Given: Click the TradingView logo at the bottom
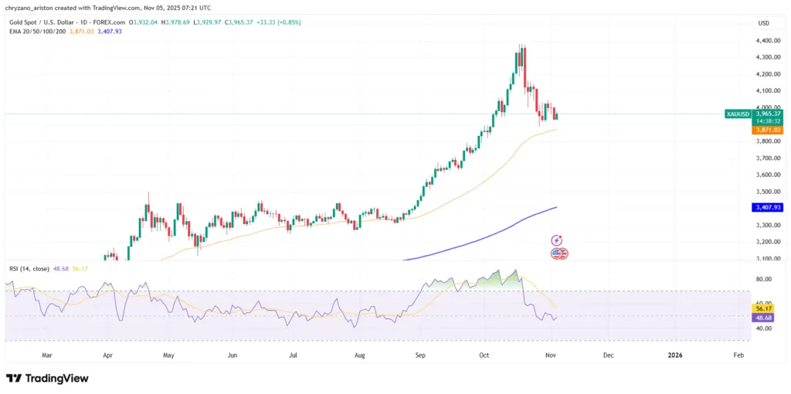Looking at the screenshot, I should [47, 378].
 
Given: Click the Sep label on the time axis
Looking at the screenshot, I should [421, 355].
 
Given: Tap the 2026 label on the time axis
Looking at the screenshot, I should [675, 355].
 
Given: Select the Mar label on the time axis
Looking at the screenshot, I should [46, 355].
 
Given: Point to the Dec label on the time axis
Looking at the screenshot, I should [608, 355].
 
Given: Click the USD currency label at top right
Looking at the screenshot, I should [765, 22].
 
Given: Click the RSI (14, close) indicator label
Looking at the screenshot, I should [29, 269].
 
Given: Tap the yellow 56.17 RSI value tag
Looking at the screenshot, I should [764, 307].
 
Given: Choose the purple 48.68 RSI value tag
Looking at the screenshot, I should [764, 318].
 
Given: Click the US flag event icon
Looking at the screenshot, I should [558, 253].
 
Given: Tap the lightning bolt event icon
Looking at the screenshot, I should [558, 241].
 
